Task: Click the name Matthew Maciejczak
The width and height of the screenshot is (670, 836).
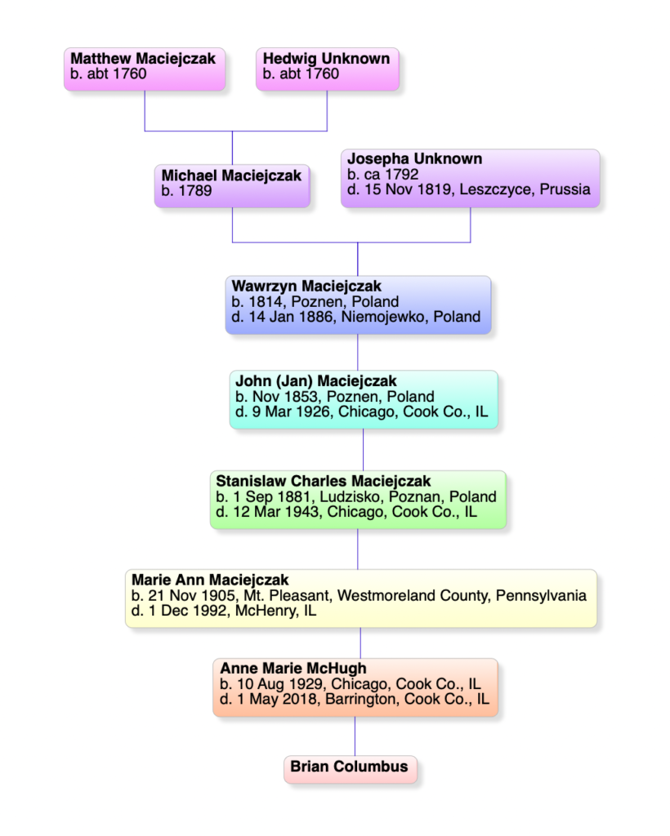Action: tap(143, 58)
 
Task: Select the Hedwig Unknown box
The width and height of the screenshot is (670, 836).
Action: tap(328, 69)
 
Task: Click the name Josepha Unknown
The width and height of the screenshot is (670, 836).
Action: tap(414, 159)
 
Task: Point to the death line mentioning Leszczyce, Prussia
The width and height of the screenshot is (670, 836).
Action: tap(469, 189)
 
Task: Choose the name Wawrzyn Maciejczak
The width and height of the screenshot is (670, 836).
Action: tap(306, 287)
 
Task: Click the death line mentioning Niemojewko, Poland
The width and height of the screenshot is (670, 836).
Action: tap(355, 317)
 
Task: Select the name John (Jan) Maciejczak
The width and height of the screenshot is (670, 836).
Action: tap(315, 381)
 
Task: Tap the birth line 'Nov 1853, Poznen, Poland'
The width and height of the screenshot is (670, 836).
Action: tap(334, 397)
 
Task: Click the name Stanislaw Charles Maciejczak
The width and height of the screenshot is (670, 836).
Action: tap(324, 481)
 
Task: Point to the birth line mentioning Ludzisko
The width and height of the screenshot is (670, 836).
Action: tap(356, 497)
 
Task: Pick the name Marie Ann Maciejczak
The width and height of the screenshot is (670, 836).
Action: tap(210, 580)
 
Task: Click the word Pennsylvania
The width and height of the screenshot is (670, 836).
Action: tap(541, 595)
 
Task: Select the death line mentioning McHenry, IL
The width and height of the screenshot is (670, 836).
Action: tap(224, 611)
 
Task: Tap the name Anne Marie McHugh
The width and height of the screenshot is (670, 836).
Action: tap(293, 669)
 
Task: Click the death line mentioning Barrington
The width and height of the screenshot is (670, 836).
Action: tap(355, 699)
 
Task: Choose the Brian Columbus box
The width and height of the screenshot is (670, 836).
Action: tap(350, 769)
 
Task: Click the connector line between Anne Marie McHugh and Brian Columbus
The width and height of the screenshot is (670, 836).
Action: tap(355, 736)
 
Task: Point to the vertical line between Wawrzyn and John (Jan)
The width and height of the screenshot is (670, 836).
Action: tap(357, 353)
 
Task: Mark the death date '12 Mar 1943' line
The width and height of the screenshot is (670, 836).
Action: tap(346, 513)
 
